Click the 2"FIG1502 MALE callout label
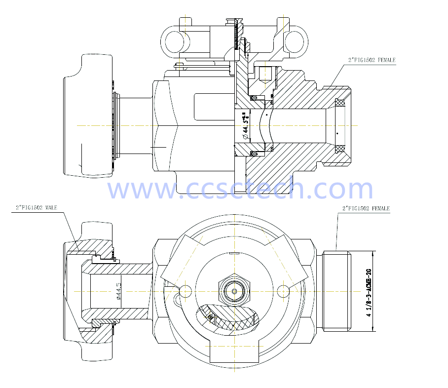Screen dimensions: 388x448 [37, 208]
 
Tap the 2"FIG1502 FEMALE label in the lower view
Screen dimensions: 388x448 [366, 208]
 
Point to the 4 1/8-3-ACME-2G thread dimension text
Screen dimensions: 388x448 [368, 291]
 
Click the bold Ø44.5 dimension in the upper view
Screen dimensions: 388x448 [244, 125]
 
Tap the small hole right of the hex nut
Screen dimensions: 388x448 [283, 291]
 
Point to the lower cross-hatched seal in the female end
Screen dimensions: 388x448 [340, 149]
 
